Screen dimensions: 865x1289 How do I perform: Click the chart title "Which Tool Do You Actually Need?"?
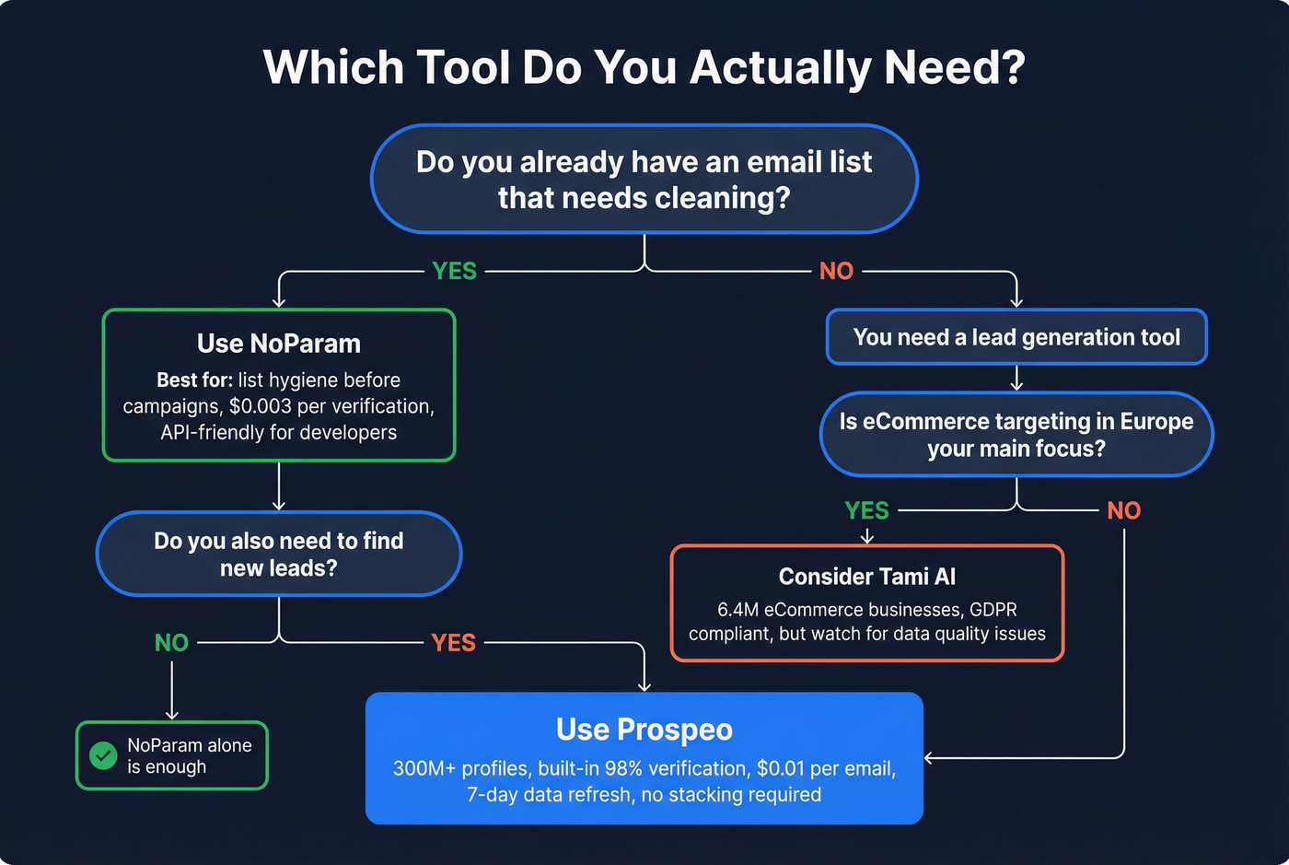click(x=644, y=68)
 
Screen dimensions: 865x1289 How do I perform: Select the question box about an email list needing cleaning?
click(x=644, y=180)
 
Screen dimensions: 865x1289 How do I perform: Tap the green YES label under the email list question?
click(x=455, y=271)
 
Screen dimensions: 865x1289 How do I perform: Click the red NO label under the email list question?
click(x=836, y=271)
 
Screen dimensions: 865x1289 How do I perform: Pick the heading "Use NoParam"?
click(x=279, y=344)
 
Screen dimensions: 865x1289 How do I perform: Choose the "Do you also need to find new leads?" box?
click(x=279, y=554)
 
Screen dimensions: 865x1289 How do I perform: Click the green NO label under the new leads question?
click(x=171, y=643)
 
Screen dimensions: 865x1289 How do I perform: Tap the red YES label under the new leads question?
click(x=454, y=643)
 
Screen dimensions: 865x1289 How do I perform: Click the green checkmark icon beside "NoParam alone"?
click(x=103, y=756)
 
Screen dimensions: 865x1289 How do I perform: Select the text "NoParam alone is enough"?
click(x=189, y=756)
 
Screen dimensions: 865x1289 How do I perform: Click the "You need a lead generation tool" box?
click(x=1016, y=337)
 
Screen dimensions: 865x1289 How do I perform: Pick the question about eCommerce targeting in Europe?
click(x=1016, y=435)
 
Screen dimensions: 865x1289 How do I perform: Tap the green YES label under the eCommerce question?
click(x=867, y=510)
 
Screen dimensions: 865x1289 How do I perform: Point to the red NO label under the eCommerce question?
click(x=1124, y=510)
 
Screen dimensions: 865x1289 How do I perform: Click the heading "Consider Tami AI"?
click(x=867, y=577)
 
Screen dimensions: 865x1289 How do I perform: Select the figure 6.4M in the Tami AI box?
click(x=737, y=610)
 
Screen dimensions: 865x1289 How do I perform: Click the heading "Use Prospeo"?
click(x=644, y=730)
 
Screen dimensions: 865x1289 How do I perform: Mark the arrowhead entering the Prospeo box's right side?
click(x=929, y=758)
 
